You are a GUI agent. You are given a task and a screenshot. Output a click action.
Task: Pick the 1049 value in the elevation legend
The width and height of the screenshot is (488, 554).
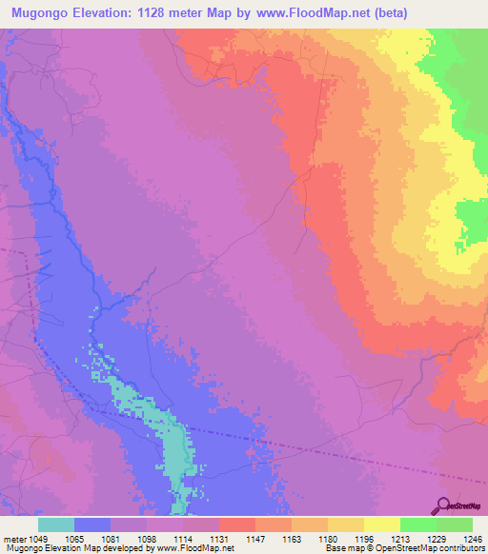coord(38,539)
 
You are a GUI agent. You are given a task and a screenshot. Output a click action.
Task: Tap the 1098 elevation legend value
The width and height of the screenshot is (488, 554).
coord(146,539)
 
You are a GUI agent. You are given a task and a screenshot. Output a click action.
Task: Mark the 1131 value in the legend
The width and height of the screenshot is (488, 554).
coord(218,539)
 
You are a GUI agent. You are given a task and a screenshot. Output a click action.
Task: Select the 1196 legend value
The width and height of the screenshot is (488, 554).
coord(364,539)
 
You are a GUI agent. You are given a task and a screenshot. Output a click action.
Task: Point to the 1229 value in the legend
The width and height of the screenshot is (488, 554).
coord(437,539)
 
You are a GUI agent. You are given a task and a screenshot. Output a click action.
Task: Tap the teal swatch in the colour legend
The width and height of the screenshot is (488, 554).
coord(56,524)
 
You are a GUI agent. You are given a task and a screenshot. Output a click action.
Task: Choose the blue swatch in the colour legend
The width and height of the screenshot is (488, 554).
coord(92,524)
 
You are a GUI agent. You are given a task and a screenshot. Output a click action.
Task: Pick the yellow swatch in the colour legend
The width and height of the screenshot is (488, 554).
coord(382,524)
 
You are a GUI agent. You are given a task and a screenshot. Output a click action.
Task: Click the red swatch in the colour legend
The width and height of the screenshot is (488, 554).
coord(237,524)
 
